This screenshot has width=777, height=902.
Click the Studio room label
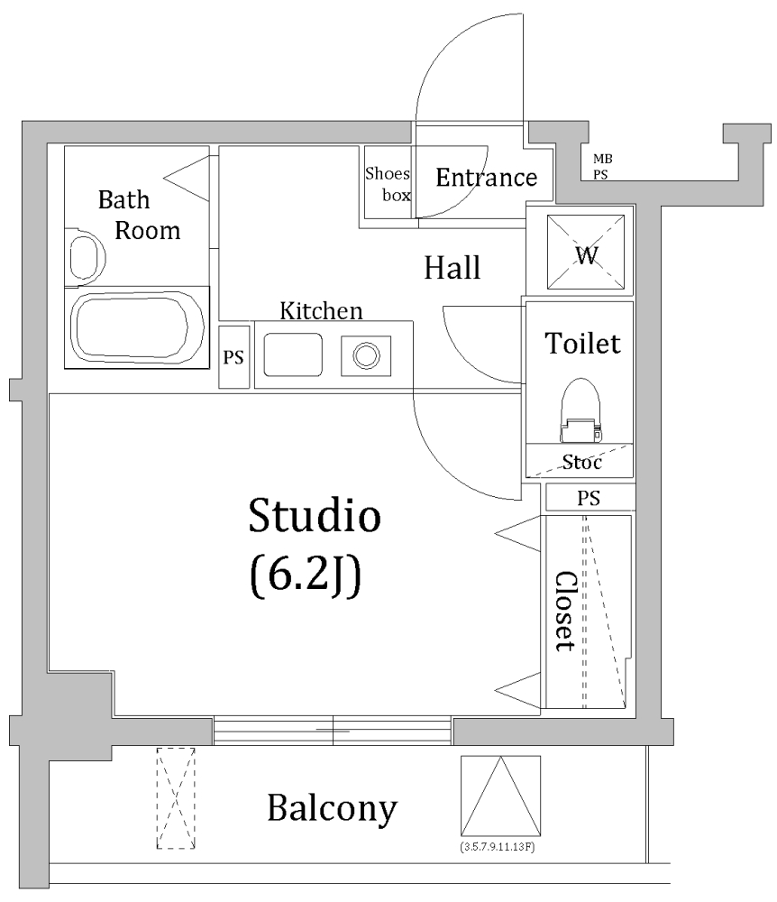coord(315,515)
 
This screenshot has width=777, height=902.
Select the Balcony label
coord(333,809)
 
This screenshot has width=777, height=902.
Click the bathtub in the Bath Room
coord(137,327)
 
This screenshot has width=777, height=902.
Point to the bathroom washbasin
coord(87,257)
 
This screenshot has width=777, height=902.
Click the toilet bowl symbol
coord(580,410)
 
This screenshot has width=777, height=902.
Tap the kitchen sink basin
coord(293,354)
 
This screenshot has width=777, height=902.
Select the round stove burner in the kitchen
coord(366,356)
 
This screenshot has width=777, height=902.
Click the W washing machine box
coord(586,252)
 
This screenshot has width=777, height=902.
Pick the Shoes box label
coord(388,184)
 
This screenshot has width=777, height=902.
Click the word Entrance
coord(486,178)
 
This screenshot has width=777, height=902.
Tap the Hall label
coord(452,268)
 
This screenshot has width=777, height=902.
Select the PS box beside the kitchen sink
coord(233,357)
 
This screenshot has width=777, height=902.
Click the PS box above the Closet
coord(590,498)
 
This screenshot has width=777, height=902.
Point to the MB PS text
coord(602,166)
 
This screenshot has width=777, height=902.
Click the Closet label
coord(565,611)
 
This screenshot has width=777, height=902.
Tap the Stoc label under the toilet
coord(581,462)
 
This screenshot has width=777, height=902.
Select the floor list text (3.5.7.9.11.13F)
coord(498,847)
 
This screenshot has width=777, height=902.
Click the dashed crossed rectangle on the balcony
coord(176,798)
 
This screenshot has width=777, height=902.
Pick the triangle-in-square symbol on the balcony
coord(500,796)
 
